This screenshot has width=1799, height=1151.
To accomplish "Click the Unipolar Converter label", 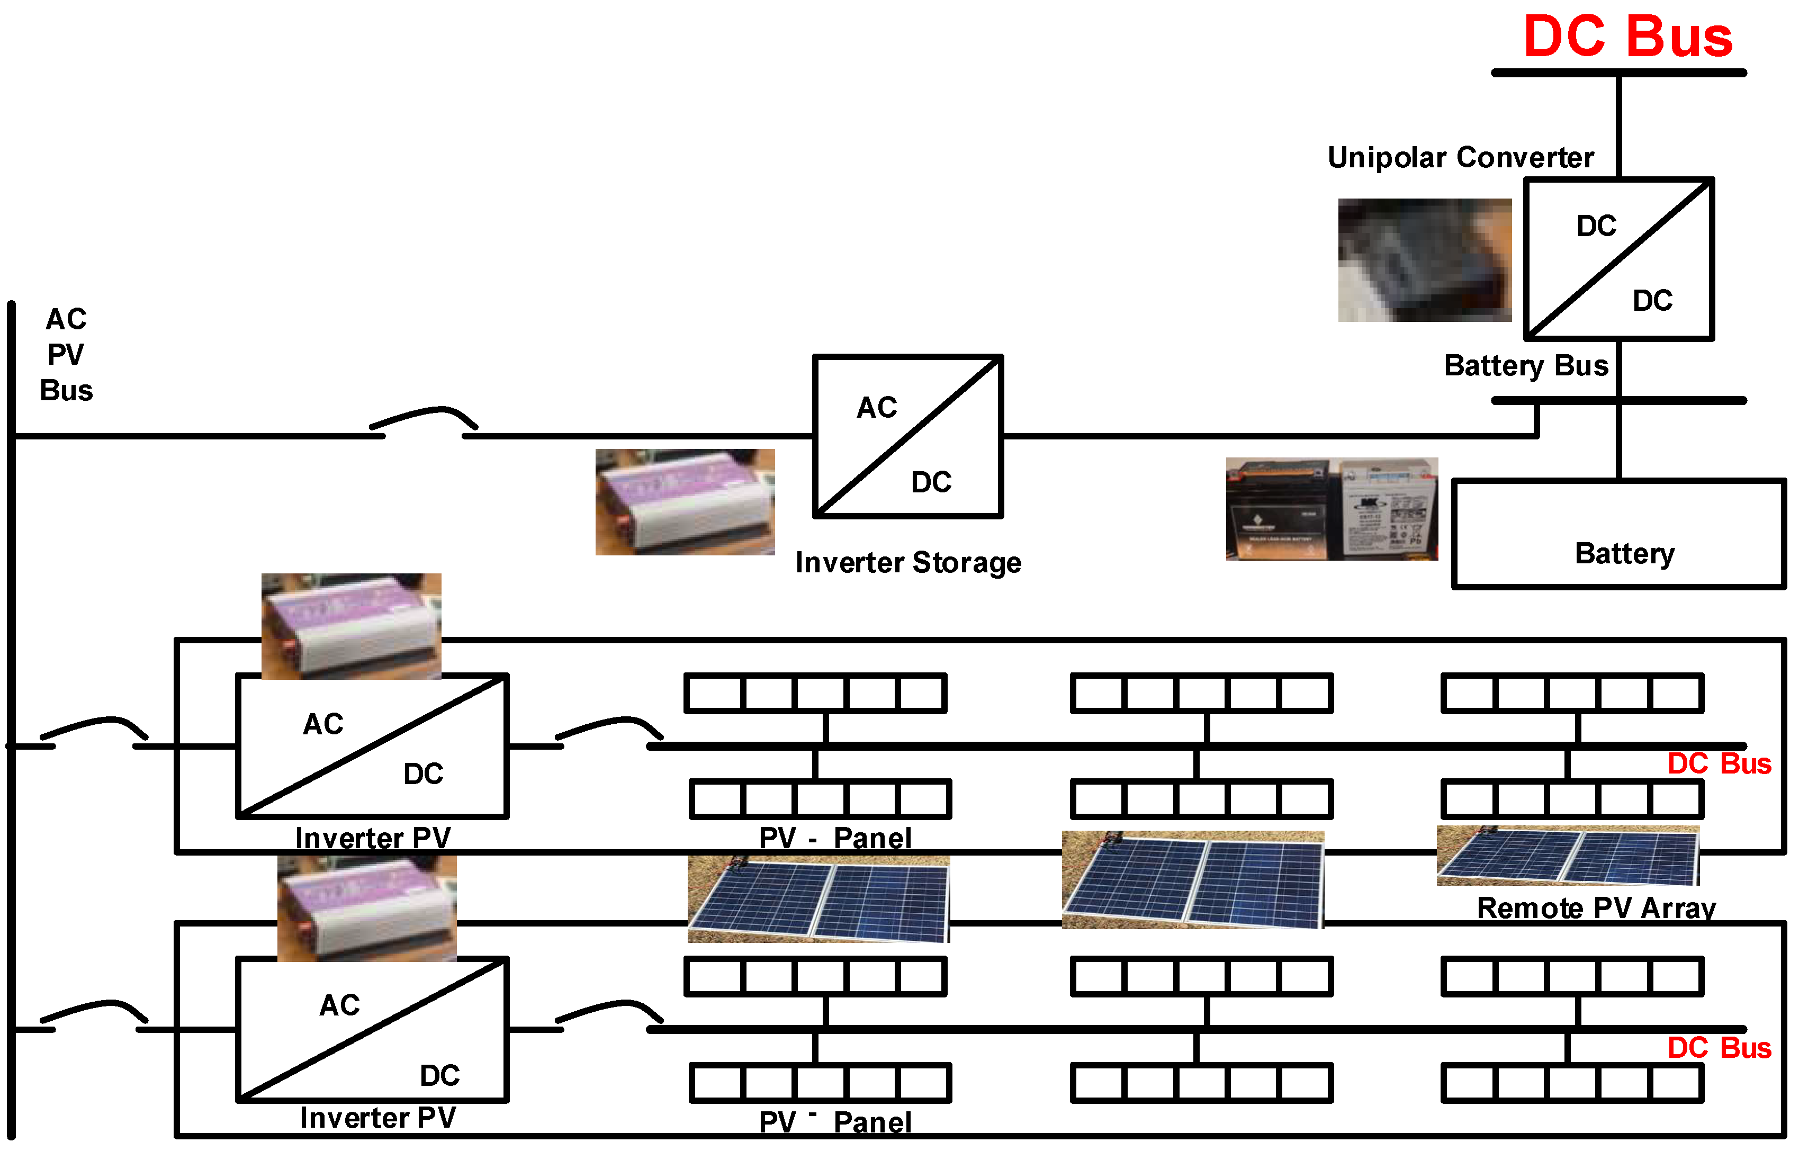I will (x=1460, y=158).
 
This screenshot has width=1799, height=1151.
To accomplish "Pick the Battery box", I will (x=1617, y=534).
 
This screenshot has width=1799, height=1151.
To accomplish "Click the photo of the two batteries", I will (x=1331, y=509).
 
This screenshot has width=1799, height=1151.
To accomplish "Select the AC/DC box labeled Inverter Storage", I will (x=907, y=436).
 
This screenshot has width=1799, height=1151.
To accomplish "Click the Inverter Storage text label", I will (x=907, y=562).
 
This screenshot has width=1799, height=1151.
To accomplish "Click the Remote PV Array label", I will (x=1596, y=908).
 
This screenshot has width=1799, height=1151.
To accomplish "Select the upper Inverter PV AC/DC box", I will (x=372, y=746).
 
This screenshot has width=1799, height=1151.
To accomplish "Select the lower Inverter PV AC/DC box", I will (x=372, y=1029).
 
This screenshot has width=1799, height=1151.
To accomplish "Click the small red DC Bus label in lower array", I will (x=1719, y=1048).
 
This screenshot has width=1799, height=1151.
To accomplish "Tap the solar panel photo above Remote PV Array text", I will (x=1567, y=856).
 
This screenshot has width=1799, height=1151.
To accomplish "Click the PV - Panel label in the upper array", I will (x=835, y=838).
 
